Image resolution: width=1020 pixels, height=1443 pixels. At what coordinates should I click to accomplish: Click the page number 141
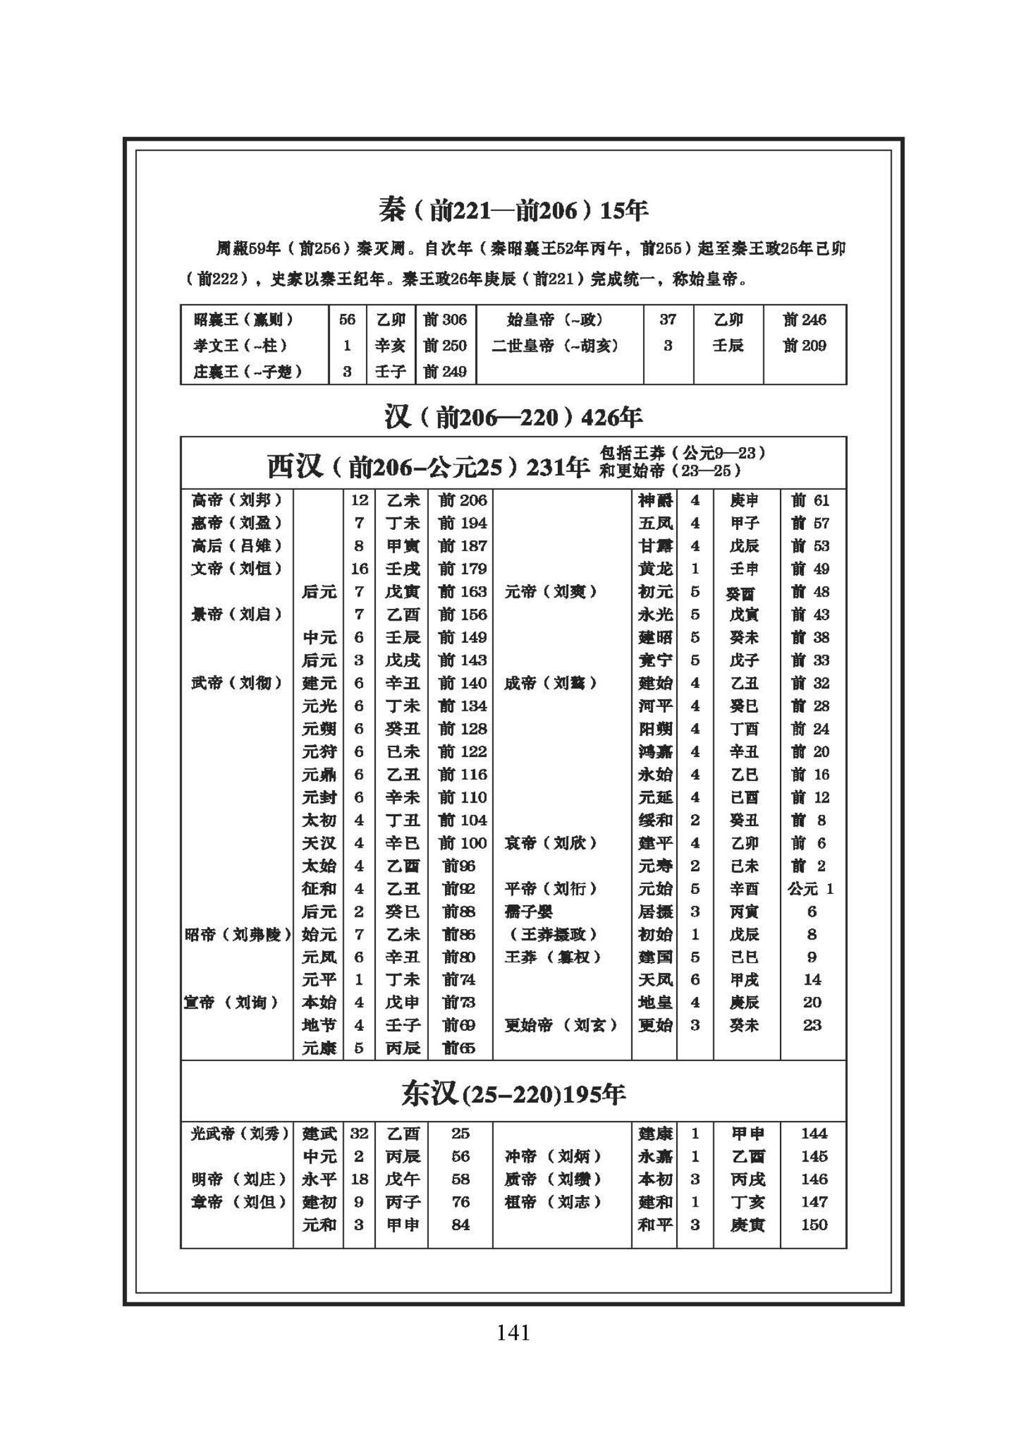click(513, 1332)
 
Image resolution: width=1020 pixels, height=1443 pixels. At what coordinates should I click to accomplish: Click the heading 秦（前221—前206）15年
click(513, 210)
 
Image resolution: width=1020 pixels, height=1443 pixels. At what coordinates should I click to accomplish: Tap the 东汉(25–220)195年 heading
click(513, 1094)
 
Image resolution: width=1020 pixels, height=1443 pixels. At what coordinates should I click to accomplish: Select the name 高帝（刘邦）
click(237, 500)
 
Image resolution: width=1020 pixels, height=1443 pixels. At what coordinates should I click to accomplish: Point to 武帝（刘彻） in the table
click(237, 683)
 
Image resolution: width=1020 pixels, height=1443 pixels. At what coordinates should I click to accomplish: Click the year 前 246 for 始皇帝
click(805, 320)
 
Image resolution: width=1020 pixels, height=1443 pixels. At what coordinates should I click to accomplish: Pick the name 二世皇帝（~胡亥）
click(555, 345)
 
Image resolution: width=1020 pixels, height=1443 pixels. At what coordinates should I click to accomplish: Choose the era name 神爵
click(655, 500)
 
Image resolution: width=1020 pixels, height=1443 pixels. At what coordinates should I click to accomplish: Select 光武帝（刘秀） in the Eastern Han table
click(239, 1134)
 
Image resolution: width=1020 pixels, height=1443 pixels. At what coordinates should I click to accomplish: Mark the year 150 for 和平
click(814, 1225)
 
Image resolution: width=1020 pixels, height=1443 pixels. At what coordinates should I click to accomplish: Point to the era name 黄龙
click(655, 569)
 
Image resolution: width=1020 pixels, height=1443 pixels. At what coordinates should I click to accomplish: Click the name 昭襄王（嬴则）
click(244, 320)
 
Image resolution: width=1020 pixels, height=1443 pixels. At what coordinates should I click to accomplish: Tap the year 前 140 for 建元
click(463, 683)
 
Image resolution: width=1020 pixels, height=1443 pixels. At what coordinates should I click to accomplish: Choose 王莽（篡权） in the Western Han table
click(553, 957)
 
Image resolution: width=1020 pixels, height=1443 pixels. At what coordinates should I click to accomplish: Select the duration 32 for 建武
click(359, 1134)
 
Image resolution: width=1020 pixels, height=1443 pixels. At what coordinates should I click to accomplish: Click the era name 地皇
click(655, 1003)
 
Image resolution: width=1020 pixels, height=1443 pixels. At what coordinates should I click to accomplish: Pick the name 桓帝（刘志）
click(553, 1202)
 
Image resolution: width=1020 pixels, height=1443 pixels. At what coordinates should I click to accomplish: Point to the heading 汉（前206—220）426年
click(513, 416)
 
